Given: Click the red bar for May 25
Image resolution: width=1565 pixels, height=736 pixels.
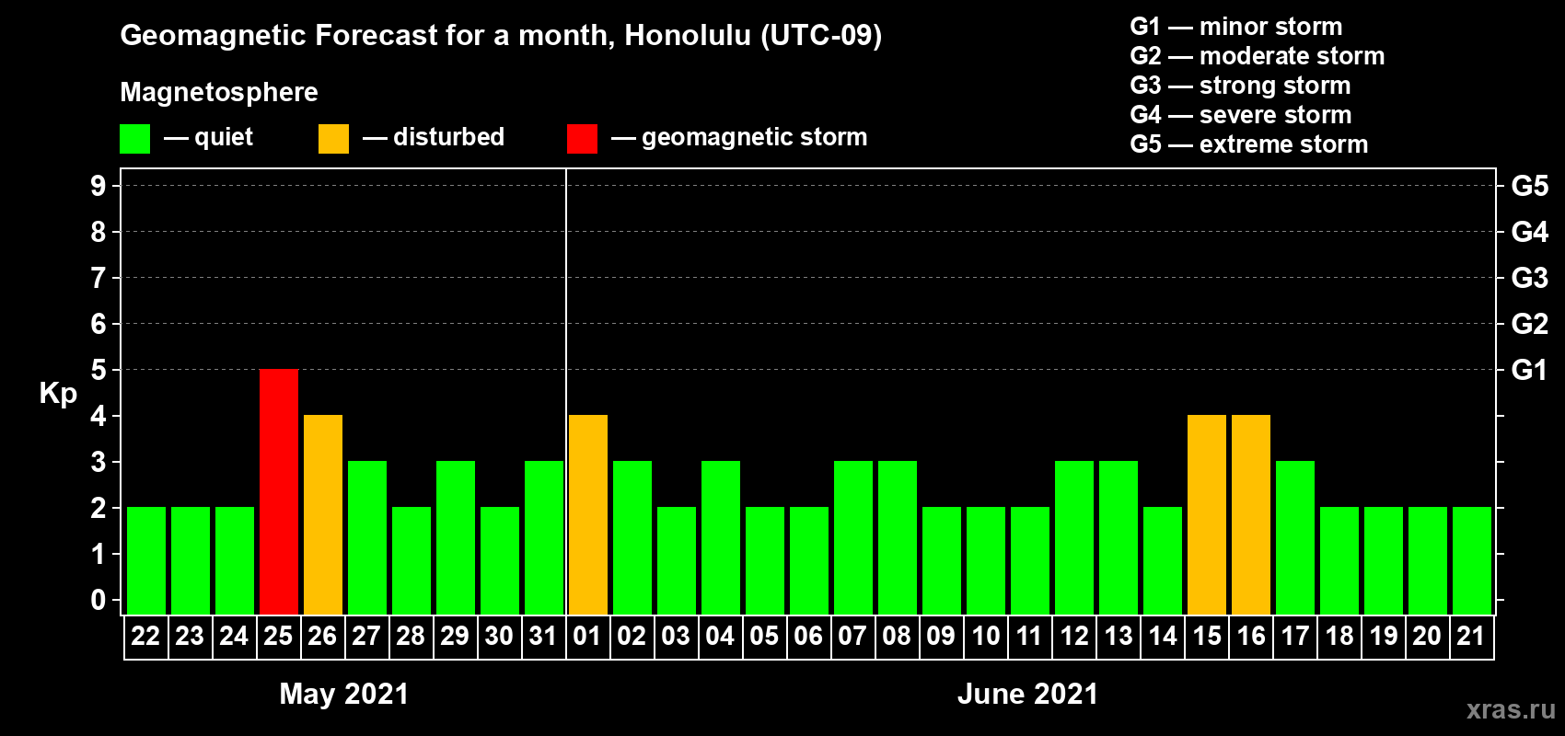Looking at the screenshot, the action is pos(279,491).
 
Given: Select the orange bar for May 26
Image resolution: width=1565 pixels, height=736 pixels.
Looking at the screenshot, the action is pos(323,514).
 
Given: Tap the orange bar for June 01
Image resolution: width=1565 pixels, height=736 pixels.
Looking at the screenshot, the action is pos(588,514).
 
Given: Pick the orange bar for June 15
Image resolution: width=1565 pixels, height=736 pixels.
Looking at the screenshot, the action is pos(1207,514).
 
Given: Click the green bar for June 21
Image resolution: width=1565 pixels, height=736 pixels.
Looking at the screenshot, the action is pos(1472,560).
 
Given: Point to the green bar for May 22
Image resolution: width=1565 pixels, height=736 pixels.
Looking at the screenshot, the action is pos(146,560).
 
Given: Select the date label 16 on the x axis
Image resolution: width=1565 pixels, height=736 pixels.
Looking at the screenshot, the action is pos(1250,636).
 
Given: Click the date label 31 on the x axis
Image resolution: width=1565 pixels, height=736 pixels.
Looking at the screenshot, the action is pos(543,636).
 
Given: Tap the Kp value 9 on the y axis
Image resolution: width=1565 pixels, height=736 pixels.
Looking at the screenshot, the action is pos(98,186).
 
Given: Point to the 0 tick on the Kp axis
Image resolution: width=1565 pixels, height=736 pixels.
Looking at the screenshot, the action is pos(98,600).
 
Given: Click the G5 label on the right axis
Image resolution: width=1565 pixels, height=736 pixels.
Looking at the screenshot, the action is pos(1529,186).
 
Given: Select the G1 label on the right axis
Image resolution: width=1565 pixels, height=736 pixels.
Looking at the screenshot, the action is pos(1529,370).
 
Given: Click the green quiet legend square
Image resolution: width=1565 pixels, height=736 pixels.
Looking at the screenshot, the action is pos(134,138).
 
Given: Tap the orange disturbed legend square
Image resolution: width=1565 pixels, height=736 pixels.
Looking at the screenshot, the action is pos(333,138).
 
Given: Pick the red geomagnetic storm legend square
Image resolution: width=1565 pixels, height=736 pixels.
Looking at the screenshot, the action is pos(582,138).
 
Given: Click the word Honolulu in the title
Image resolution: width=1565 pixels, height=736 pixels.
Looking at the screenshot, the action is pos(688,35).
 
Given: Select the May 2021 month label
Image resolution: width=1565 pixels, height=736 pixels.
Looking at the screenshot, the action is pos(343,694).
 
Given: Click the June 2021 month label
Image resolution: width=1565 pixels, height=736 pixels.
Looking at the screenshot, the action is pos(1027,694).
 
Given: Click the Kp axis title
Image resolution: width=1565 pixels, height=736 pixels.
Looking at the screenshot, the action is pos(58,394).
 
